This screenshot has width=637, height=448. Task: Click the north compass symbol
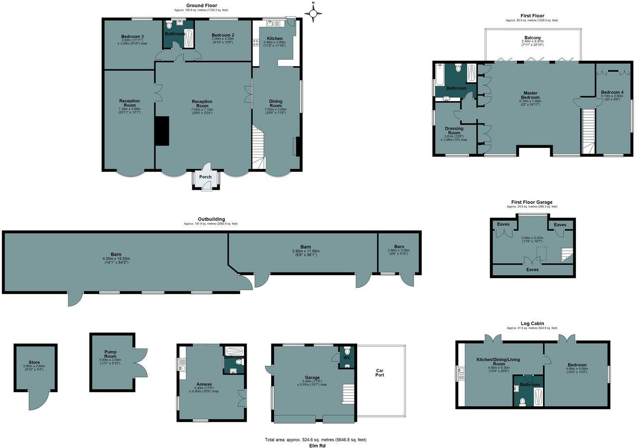313,14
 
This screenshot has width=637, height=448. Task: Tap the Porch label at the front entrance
205,177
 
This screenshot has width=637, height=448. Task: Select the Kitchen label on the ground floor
275,39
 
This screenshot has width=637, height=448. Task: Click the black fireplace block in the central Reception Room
163,130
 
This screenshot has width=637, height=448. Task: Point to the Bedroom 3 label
132,36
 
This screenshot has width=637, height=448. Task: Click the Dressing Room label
454,131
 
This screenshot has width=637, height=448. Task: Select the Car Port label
379,373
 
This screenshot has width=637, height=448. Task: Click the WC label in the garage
347,357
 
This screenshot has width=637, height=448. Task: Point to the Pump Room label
110,354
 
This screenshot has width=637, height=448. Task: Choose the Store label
34,362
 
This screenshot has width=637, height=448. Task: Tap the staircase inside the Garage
348,393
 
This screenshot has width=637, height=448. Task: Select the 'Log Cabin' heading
532,324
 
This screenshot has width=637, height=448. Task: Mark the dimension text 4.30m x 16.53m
116,259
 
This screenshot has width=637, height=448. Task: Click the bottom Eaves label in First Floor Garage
532,269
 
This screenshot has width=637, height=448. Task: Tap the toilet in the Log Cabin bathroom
522,401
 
